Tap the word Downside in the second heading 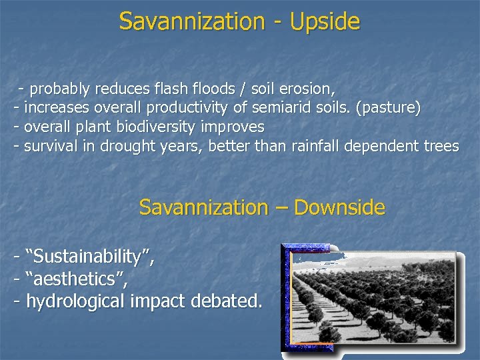click(x=339, y=207)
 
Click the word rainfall click(x=318, y=146)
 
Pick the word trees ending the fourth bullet click(x=441, y=146)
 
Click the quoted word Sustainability click(x=89, y=256)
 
